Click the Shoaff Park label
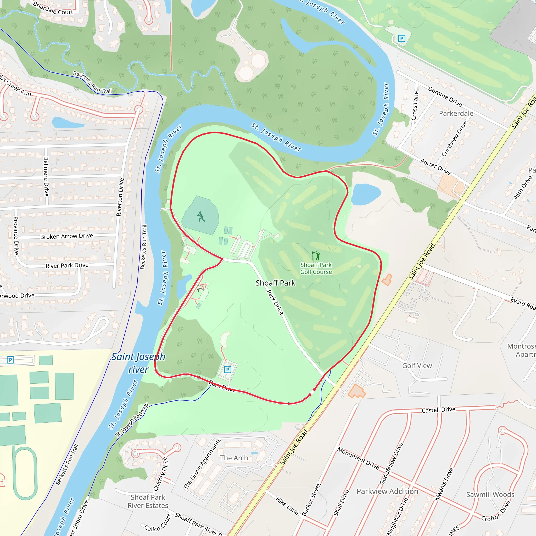click(x=275, y=283)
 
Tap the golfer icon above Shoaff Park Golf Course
click(x=316, y=255)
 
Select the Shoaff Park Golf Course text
click(x=316, y=268)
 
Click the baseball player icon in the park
click(x=201, y=216)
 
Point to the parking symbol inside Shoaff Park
click(x=227, y=370)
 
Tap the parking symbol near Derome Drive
click(x=401, y=38)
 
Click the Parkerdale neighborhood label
click(x=456, y=114)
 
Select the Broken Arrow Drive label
click(x=66, y=236)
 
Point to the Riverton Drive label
click(x=120, y=197)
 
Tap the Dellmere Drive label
click(x=46, y=176)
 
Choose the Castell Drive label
click(x=438, y=410)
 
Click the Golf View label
click(x=417, y=366)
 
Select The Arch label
click(x=234, y=458)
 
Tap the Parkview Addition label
click(x=387, y=491)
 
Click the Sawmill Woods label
click(x=490, y=495)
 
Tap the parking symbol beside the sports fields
click(x=10, y=360)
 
